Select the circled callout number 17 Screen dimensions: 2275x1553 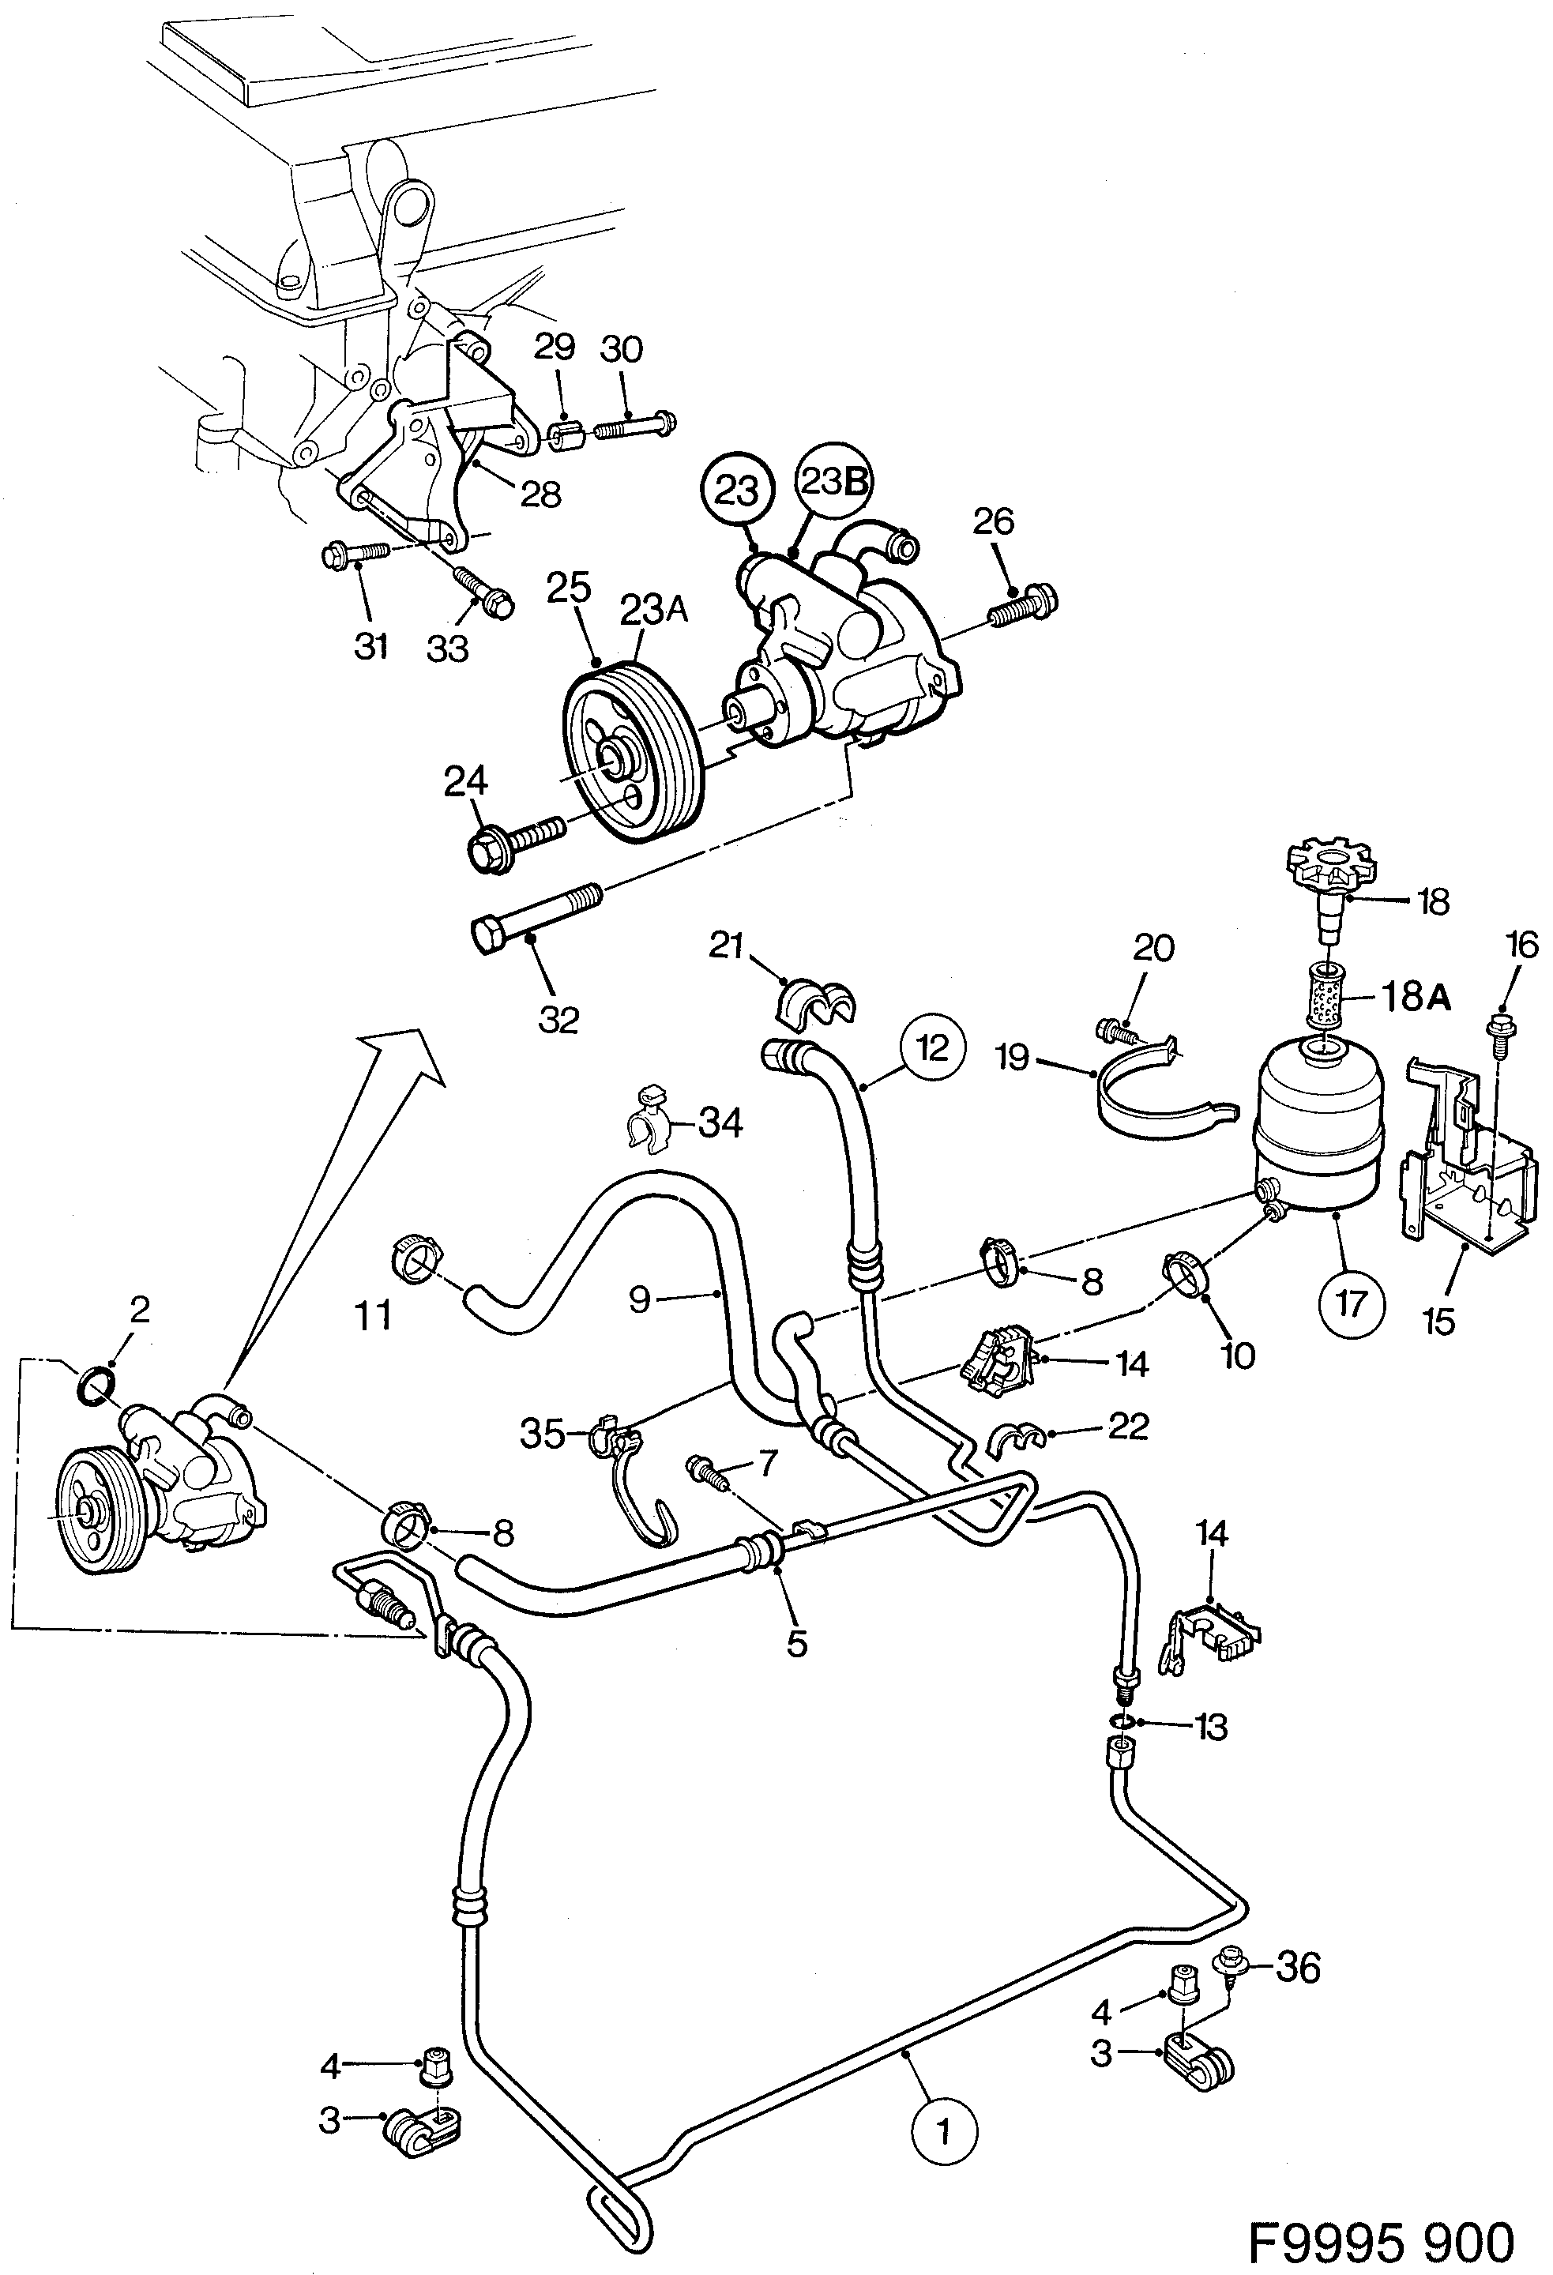(x=1352, y=1303)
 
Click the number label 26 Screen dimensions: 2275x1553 (x=993, y=522)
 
